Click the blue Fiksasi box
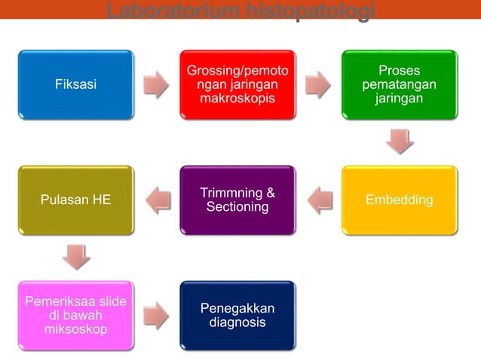click(75, 84)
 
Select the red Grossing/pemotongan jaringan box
click(237, 84)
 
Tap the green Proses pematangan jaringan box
click(399, 84)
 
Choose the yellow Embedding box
click(399, 200)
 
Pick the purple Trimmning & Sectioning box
click(237, 200)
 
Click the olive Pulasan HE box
click(75, 200)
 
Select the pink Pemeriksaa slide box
click(75, 316)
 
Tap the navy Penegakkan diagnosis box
click(237, 316)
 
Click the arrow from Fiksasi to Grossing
click(156, 84)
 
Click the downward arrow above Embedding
click(399, 142)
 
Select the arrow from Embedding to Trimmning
click(319, 200)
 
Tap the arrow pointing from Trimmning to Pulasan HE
click(157, 200)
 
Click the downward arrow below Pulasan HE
click(75, 257)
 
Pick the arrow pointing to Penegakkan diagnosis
click(156, 316)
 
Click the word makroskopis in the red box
click(237, 99)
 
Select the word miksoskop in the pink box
click(75, 329)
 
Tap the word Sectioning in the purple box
click(237, 207)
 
